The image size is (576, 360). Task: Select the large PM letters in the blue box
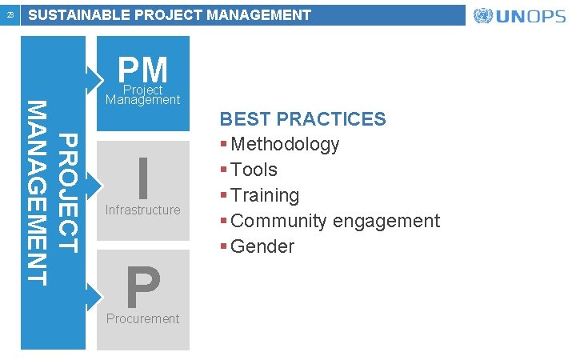[143, 70]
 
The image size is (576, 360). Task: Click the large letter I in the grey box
[143, 178]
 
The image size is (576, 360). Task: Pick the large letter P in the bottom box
[143, 287]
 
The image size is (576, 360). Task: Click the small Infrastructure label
[143, 210]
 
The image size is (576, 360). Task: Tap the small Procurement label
[143, 318]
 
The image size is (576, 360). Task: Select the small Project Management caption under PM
[143, 95]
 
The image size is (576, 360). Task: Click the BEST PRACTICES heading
[302, 119]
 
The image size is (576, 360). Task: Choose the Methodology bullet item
[285, 145]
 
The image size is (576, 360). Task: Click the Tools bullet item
[254, 170]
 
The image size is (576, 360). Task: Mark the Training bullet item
[265, 195]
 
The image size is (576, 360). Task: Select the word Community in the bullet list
[278, 221]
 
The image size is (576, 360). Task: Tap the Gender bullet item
[262, 246]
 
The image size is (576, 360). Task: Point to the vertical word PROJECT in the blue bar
[70, 194]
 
